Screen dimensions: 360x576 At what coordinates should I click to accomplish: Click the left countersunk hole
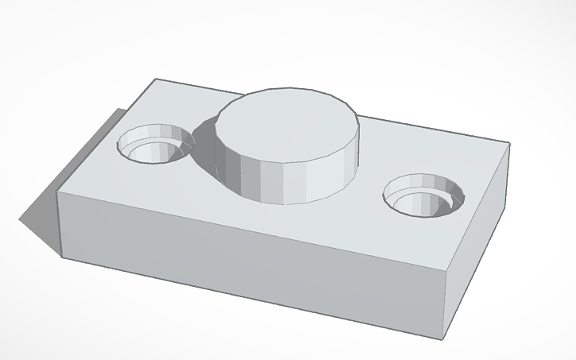point(157,145)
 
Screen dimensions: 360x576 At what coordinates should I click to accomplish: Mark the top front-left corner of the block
point(58,191)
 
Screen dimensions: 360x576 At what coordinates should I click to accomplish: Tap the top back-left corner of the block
point(155,79)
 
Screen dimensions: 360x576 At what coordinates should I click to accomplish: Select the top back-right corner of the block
point(508,145)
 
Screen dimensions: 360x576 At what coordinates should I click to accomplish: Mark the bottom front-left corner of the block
point(62,257)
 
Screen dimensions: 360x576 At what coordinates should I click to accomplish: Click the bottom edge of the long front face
point(254,296)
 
